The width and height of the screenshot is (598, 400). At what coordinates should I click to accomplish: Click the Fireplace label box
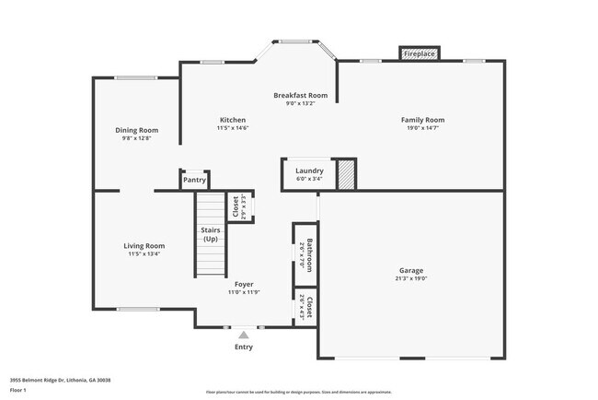(419, 54)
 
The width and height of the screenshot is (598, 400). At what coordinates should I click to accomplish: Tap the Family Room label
(422, 120)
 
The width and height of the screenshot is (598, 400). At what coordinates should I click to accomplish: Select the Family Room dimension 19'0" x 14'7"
(422, 128)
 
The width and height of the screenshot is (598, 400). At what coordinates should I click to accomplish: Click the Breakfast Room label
(300, 96)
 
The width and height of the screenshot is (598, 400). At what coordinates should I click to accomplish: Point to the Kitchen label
(232, 120)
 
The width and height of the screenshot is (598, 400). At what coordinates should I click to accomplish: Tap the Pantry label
(194, 180)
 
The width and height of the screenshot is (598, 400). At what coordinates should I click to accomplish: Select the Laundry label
(308, 171)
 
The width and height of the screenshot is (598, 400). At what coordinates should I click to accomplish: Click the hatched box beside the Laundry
(346, 175)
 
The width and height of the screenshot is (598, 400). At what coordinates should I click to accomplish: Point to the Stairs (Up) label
(209, 235)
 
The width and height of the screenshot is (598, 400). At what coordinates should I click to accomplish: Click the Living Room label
(144, 245)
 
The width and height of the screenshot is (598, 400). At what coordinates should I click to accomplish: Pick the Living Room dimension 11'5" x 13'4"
(144, 253)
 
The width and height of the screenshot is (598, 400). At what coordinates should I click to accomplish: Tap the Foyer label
(244, 285)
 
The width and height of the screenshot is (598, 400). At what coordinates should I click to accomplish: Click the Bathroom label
(310, 254)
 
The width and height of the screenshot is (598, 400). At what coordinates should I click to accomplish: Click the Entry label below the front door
(244, 347)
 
